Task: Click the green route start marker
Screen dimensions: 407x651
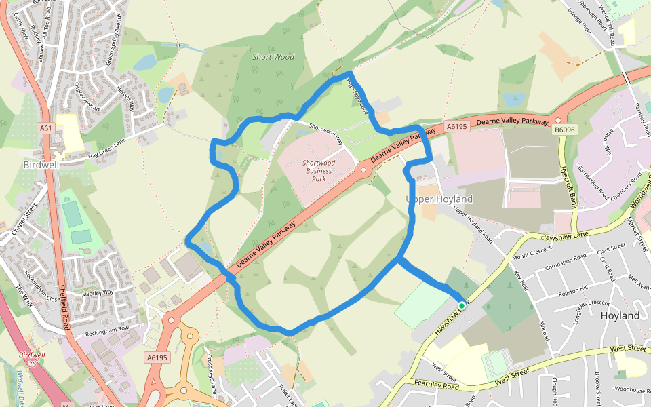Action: [x=462, y=306]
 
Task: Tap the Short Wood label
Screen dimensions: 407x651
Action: [x=273, y=57]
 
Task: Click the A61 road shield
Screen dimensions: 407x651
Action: [x=45, y=128]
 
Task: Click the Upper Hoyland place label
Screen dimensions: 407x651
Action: [x=439, y=199]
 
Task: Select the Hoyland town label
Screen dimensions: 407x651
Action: [x=620, y=316]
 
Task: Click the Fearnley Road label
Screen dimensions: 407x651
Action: [x=438, y=385]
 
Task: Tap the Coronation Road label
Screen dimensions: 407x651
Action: [x=561, y=258]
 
